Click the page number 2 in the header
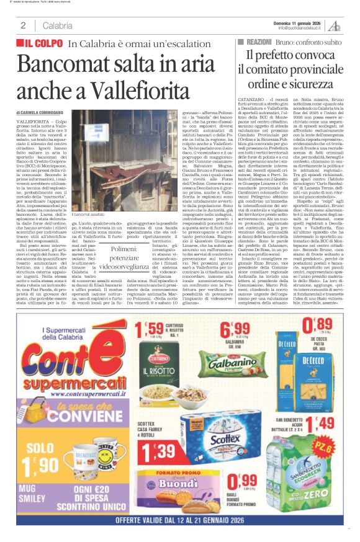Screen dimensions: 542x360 click(x=23, y=25)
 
